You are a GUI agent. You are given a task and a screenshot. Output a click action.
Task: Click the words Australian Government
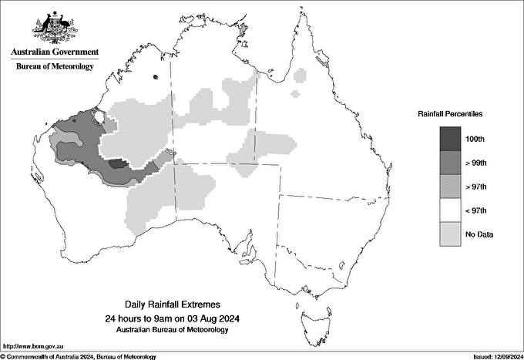tap(55, 52)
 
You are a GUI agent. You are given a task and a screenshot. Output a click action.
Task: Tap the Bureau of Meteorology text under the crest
tap(55, 67)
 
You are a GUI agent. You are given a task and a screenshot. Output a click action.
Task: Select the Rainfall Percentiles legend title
tap(450, 113)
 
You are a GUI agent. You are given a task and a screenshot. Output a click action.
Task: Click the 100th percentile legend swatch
tap(449, 138)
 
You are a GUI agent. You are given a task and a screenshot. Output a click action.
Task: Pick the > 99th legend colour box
tap(449, 162)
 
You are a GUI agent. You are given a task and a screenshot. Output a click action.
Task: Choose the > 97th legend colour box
tap(449, 186)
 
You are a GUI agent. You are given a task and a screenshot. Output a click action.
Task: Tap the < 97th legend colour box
tap(449, 210)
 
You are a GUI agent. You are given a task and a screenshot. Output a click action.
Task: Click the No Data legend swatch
tap(449, 234)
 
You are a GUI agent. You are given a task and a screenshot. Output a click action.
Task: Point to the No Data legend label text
tap(479, 234)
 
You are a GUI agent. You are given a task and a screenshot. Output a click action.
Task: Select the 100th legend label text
tap(475, 138)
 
